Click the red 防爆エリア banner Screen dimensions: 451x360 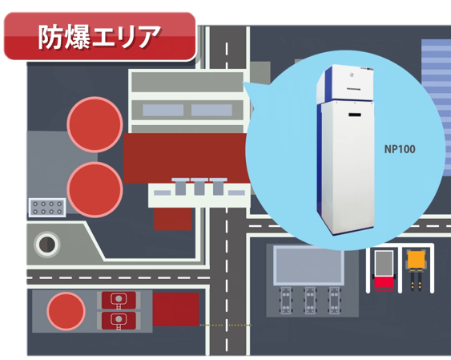[100, 36]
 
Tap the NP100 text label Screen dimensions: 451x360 [400, 149]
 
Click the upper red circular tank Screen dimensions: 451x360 [95, 124]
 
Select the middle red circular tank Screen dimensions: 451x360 [95, 189]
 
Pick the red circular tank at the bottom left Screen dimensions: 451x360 [66, 311]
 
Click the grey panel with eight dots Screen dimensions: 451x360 [47, 208]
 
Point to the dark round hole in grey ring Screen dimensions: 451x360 [47, 245]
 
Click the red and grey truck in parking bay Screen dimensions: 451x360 [384, 270]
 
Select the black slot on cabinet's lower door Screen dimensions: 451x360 [355, 115]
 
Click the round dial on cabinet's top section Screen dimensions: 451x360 [352, 75]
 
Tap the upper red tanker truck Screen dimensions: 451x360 [119, 300]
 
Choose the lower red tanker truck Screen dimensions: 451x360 [119, 321]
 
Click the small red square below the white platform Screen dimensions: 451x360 [172, 219]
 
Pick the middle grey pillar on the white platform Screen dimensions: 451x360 [199, 187]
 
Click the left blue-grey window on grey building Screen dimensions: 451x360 [163, 110]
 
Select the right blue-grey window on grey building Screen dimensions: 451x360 [211, 110]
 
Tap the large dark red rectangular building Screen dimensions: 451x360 [186, 157]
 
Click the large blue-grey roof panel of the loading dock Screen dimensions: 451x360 [308, 265]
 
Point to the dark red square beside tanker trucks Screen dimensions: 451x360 [175, 309]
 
